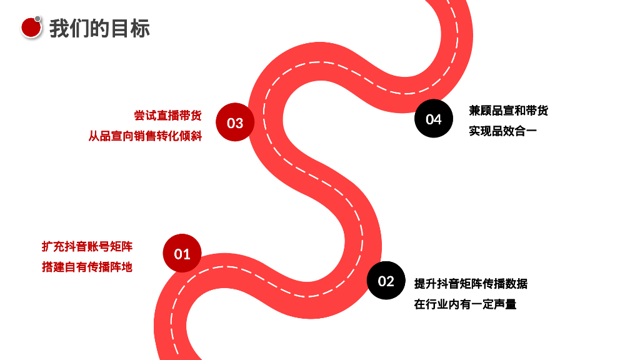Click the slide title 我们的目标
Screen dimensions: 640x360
coord(99,28)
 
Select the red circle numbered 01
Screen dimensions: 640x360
coord(182,254)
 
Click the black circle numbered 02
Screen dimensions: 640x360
coord(386,281)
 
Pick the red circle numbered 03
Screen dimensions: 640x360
coord(235,122)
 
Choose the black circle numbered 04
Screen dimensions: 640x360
coord(434,118)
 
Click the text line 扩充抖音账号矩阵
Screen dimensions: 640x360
coord(87,246)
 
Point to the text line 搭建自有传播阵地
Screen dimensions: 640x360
coord(87,267)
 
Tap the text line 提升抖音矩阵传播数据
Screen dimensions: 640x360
coord(471,284)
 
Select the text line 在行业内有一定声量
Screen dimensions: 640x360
coord(465,305)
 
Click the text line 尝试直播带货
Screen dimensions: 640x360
coord(167,116)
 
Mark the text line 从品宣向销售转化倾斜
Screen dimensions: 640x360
coord(145,136)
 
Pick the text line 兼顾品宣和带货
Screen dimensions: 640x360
coord(508,111)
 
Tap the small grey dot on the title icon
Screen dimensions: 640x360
coord(38,19)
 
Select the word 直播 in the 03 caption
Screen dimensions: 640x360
coord(167,116)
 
